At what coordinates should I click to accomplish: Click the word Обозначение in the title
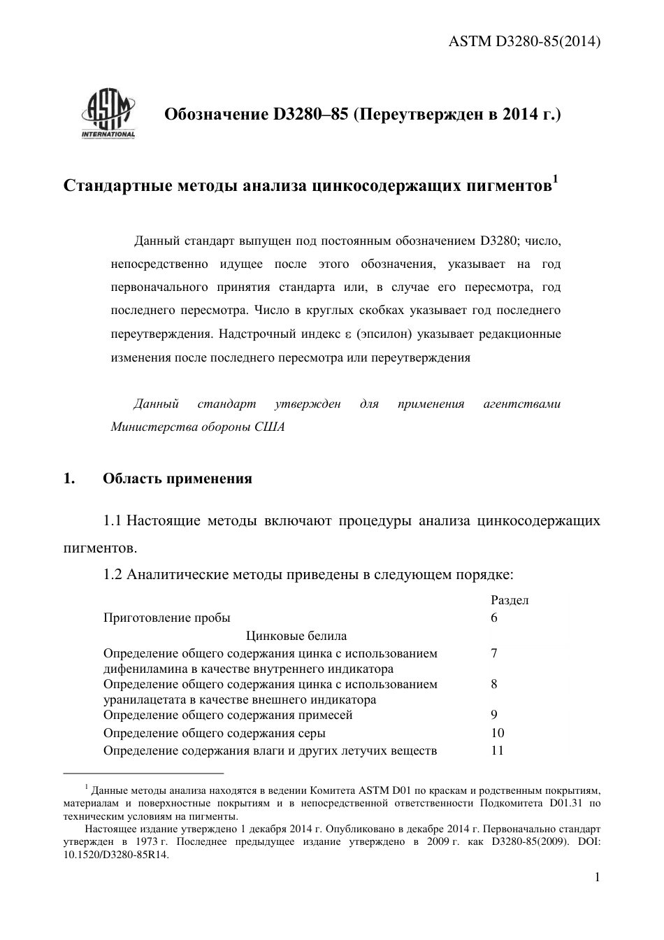pos(212,114)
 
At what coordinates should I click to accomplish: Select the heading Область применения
pos(178,479)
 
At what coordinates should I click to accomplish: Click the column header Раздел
pos(510,600)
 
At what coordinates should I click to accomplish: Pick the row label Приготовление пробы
pos(166,618)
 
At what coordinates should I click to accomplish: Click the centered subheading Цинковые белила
pos(296,636)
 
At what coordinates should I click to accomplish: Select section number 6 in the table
pos(494,618)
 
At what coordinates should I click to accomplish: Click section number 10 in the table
pos(498,733)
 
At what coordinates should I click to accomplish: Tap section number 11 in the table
pos(498,750)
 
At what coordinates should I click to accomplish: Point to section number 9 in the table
pos(494,715)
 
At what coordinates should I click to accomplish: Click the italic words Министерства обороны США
pos(198,427)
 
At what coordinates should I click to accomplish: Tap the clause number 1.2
pos(113,575)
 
